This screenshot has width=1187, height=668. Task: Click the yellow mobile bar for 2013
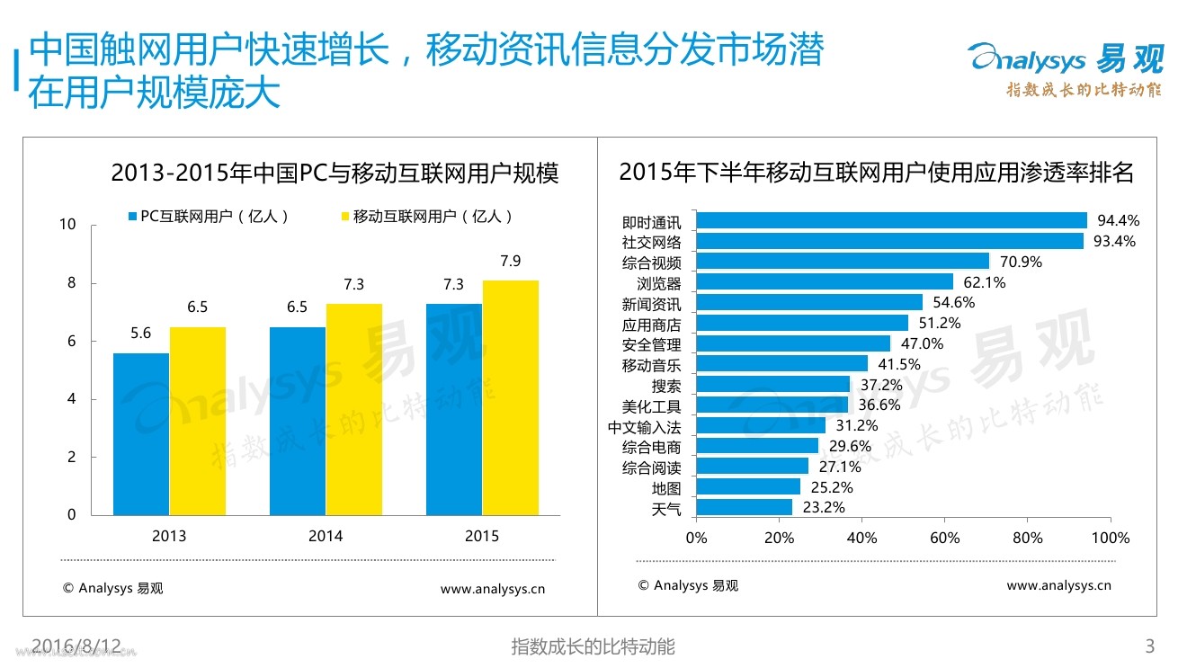pyautogui.click(x=197, y=421)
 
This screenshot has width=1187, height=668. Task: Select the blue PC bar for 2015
pyautogui.click(x=453, y=409)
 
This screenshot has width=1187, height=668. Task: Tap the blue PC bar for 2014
pyautogui.click(x=298, y=421)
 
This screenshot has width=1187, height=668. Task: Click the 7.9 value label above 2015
pyautogui.click(x=510, y=262)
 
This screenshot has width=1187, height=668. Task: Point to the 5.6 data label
pyautogui.click(x=140, y=334)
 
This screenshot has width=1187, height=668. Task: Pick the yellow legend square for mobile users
pyautogui.click(x=345, y=217)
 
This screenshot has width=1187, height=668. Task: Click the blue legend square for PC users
pyautogui.click(x=133, y=217)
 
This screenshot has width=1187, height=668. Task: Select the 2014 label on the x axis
pyautogui.click(x=326, y=537)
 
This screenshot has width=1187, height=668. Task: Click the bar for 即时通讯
pyautogui.click(x=891, y=220)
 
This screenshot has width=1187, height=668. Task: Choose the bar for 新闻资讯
pyautogui.click(x=809, y=302)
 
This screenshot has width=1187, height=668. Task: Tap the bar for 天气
pyautogui.click(x=745, y=508)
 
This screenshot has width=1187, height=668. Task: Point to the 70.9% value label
pyautogui.click(x=1020, y=262)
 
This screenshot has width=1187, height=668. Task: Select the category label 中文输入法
pyautogui.click(x=644, y=427)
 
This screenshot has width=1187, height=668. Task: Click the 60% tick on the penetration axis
pyautogui.click(x=944, y=539)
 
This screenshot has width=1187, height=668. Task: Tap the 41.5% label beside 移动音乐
pyautogui.click(x=897, y=364)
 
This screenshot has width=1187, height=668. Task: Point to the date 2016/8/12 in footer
pyautogui.click(x=76, y=645)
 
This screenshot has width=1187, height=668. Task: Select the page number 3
pyautogui.click(x=1148, y=646)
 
